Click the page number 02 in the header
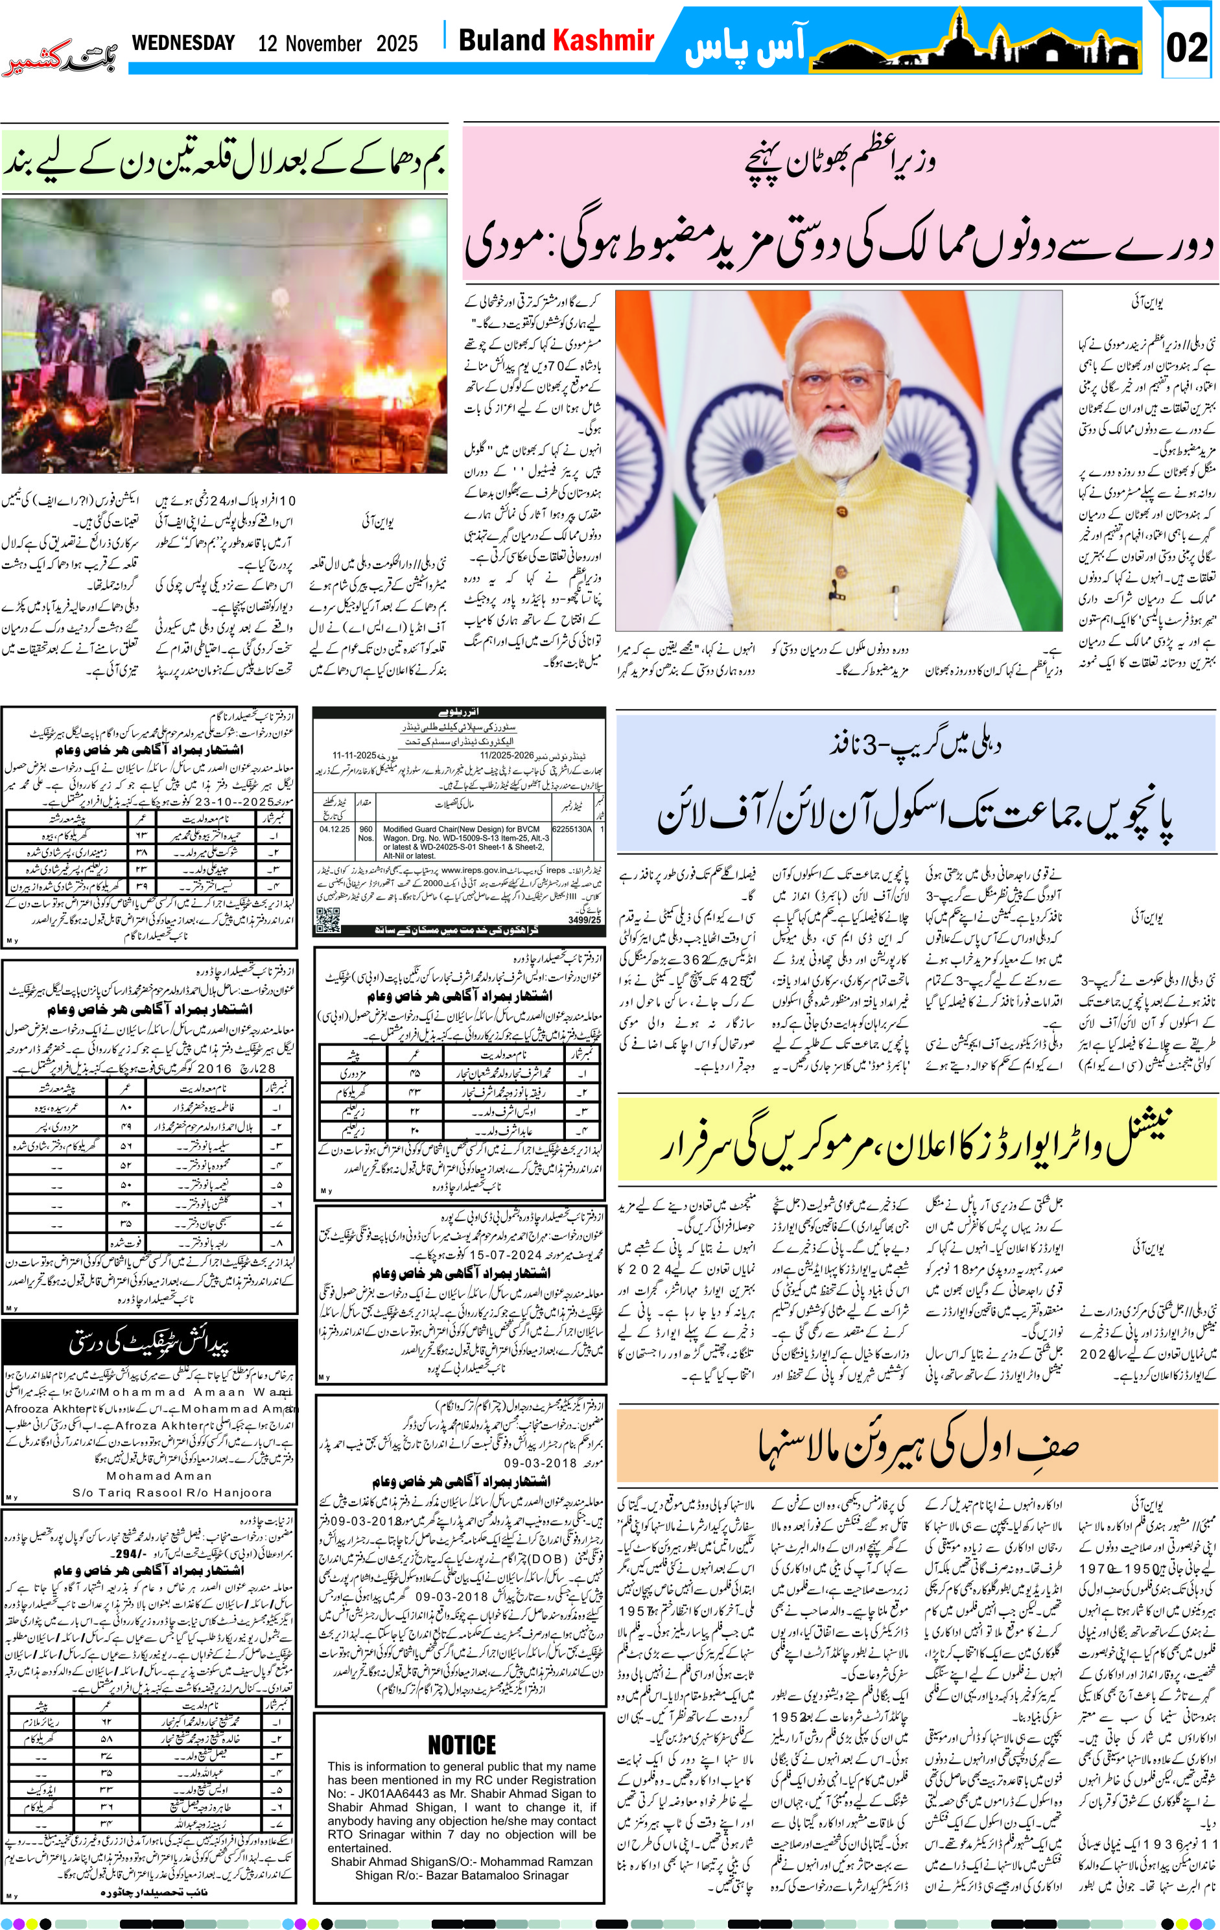pos(1186,48)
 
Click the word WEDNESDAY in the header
pos(183,43)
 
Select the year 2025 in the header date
pos(397,43)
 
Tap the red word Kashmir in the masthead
pos(604,40)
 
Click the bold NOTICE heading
pos(462,1744)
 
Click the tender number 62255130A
pos(572,829)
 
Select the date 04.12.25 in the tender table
pos(334,829)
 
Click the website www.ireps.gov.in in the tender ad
pos(473,870)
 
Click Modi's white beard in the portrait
pos(839,449)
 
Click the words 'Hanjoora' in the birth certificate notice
pos(244,1493)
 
